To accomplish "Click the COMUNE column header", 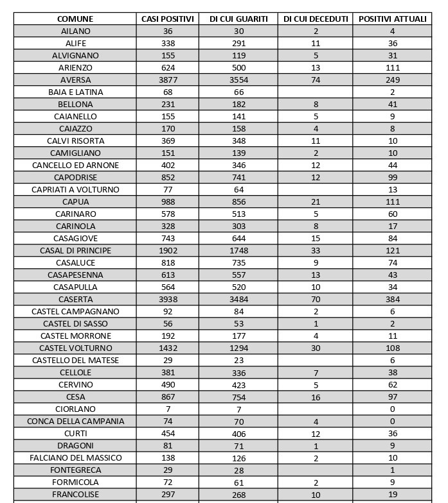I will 75,19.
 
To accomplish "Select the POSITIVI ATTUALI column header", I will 392,19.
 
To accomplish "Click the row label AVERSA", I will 75,80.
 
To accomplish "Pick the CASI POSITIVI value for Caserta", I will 168,300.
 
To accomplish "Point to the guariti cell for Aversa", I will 238,80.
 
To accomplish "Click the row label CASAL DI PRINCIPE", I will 75,251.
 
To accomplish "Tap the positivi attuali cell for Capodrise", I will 392,178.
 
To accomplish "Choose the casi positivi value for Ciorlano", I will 168,409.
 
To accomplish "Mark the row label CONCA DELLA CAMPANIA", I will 75,422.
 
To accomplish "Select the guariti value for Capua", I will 238,202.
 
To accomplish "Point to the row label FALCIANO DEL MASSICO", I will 75,458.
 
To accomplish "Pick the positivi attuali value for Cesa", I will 392,397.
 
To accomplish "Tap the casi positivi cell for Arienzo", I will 168,68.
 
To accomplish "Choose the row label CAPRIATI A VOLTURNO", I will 75,190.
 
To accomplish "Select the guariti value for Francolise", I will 238,495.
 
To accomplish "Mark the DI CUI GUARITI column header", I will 238,19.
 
